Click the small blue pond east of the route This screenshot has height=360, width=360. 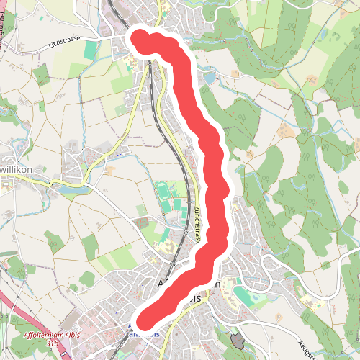click(210, 76)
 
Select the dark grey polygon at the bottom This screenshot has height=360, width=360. click(238, 340)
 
